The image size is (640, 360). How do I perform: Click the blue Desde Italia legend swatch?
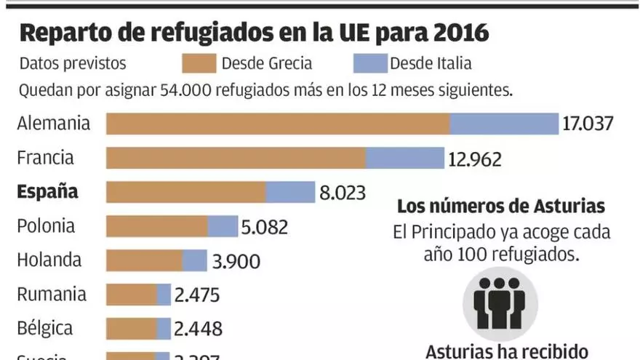(369, 63)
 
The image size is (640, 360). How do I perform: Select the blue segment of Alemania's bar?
(503, 124)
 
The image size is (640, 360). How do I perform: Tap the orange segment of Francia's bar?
(236, 158)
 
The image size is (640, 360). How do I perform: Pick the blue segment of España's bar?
(289, 192)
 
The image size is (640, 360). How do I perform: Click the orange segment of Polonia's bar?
(156, 226)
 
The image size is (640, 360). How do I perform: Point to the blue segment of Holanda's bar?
(194, 260)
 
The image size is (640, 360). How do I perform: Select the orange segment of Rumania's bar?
(131, 295)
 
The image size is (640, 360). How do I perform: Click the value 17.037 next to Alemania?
(588, 124)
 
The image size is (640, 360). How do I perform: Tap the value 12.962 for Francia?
(475, 159)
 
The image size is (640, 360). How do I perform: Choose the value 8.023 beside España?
(342, 193)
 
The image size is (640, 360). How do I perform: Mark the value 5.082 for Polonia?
(265, 227)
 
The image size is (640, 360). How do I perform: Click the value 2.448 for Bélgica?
(199, 329)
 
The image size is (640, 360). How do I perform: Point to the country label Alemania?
(54, 123)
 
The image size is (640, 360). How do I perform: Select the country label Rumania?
(52, 295)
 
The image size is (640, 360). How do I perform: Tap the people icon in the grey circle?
(500, 303)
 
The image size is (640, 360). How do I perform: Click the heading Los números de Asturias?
(500, 207)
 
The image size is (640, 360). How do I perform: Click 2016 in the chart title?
(455, 33)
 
